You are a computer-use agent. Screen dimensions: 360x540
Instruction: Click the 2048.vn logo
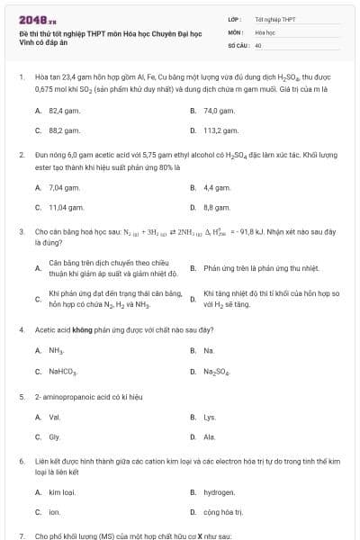(x=31, y=19)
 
